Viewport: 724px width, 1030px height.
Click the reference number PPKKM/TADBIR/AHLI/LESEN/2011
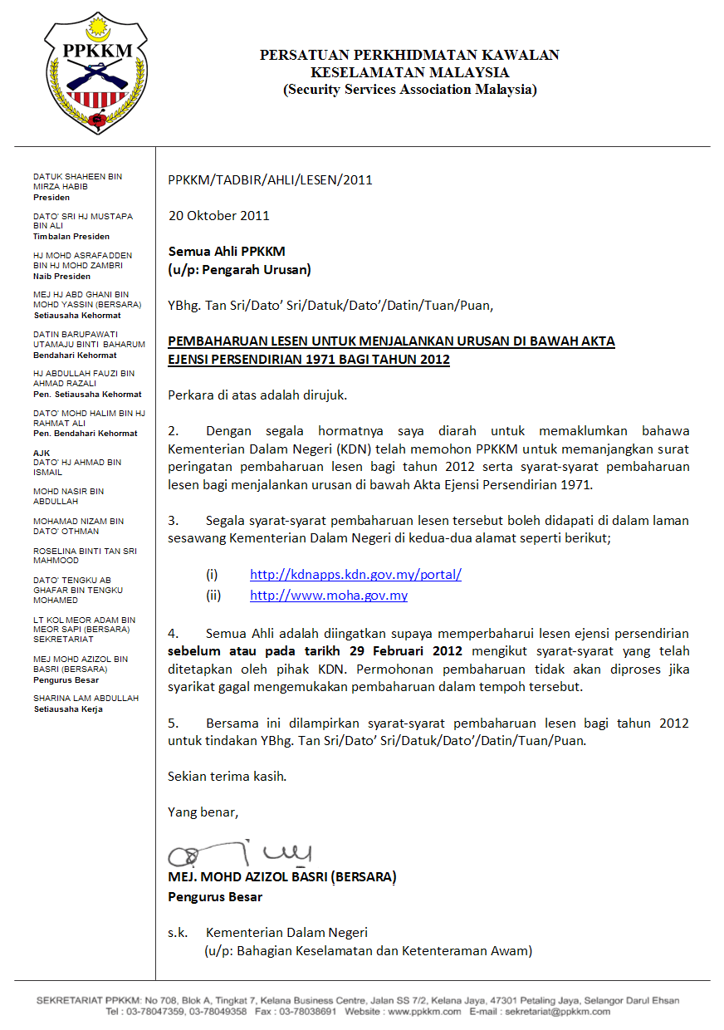pyautogui.click(x=270, y=179)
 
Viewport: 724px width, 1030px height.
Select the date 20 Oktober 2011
pyautogui.click(x=218, y=215)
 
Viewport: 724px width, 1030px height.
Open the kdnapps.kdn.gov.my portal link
pyautogui.click(x=355, y=574)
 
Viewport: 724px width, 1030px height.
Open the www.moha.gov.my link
pyautogui.click(x=328, y=596)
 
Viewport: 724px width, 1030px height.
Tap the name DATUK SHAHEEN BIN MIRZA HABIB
pyautogui.click(x=77, y=181)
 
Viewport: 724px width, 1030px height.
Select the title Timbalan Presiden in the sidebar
pyautogui.click(x=71, y=237)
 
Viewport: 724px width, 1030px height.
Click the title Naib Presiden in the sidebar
pyautogui.click(x=62, y=276)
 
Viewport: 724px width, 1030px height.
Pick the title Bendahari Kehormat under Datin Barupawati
pyautogui.click(x=75, y=355)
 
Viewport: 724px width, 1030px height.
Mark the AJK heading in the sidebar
pyautogui.click(x=42, y=453)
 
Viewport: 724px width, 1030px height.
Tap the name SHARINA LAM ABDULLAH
pyautogui.click(x=86, y=699)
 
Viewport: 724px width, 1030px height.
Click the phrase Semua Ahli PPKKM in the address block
pyautogui.click(x=226, y=251)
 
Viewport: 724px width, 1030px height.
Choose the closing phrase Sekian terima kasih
pyautogui.click(x=227, y=776)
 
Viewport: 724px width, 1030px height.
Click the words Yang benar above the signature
pyautogui.click(x=203, y=812)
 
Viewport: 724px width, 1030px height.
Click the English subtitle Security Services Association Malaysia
pyautogui.click(x=409, y=90)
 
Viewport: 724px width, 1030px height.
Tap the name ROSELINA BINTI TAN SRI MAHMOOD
pyautogui.click(x=85, y=556)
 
